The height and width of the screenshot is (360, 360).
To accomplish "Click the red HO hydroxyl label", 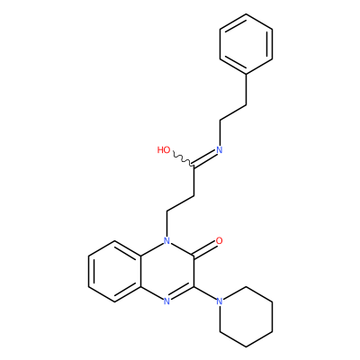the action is (x=164, y=150).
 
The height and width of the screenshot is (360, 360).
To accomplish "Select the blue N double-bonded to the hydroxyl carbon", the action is (x=220, y=150).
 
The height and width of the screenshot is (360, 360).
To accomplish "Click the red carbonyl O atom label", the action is (x=220, y=240).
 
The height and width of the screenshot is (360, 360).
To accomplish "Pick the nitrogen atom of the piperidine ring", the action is (x=220, y=301).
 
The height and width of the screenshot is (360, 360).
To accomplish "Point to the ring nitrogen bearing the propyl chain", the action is (x=167, y=240).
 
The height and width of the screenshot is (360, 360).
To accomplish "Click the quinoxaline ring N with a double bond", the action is (x=167, y=301).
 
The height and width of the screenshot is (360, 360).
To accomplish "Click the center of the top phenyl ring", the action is (x=246, y=44).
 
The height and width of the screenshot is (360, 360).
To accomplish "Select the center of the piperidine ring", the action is (x=246, y=317).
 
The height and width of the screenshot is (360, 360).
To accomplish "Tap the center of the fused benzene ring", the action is (x=114, y=271).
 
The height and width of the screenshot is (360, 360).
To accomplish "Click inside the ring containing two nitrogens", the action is (x=167, y=271).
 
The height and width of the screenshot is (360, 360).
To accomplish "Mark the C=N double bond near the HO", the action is (x=205, y=158).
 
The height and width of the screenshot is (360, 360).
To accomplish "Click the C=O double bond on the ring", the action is (x=205, y=249).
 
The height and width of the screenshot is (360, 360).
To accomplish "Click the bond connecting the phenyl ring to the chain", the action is (x=246, y=89).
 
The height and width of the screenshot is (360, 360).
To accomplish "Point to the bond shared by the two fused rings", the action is (x=141, y=271).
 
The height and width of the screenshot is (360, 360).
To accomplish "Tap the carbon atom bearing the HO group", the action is (x=194, y=166).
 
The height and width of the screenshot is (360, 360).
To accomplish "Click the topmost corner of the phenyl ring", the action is (x=246, y=13).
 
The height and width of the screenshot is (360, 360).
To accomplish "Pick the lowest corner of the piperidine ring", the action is (x=246, y=347).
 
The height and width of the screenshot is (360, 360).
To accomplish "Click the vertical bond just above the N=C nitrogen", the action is (x=220, y=133).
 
